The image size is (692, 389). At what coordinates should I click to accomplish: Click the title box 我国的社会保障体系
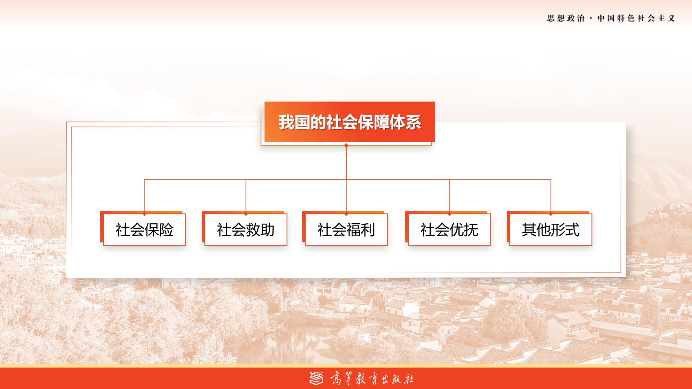click(x=350, y=122)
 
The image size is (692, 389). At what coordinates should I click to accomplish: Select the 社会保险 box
click(x=145, y=229)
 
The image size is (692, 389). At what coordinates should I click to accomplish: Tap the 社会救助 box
click(x=246, y=229)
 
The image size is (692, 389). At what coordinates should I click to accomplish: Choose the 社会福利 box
click(x=346, y=229)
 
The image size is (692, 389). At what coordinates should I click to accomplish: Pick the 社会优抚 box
click(x=449, y=229)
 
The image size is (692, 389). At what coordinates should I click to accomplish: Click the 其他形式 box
click(x=551, y=229)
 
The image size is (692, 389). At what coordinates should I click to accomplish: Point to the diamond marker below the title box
click(x=346, y=146)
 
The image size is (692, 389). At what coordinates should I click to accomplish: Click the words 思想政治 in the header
click(x=566, y=18)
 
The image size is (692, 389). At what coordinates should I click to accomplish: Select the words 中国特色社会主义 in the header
click(x=636, y=18)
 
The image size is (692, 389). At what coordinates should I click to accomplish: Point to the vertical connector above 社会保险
click(x=145, y=196)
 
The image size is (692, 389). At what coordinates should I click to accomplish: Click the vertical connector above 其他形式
click(x=551, y=196)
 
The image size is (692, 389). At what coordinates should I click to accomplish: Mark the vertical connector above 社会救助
click(x=246, y=196)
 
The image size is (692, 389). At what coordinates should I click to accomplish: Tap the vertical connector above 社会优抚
click(x=449, y=196)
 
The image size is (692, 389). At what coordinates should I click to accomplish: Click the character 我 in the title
click(x=286, y=122)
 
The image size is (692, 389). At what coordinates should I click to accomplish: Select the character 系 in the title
click(x=413, y=122)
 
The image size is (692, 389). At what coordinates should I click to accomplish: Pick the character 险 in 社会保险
click(x=166, y=230)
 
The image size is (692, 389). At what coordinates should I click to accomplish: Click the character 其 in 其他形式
click(x=529, y=230)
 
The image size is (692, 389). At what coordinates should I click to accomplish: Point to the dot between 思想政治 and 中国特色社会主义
click(x=591, y=18)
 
